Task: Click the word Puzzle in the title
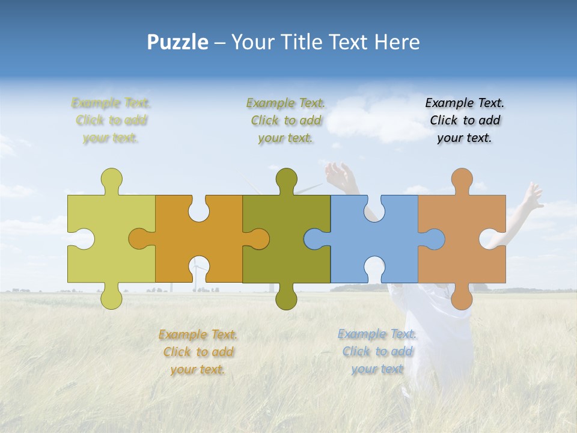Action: coord(178,42)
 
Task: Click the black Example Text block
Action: coord(465,120)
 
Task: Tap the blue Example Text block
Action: coord(377,351)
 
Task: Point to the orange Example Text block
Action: coord(198,352)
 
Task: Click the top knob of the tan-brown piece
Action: coord(462,179)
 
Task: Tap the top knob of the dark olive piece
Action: coord(286,179)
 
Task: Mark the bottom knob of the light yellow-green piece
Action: coord(111,299)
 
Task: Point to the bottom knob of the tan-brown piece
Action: coord(462,299)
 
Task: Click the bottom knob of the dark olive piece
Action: coord(286,299)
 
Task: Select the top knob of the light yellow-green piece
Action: coord(111,179)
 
